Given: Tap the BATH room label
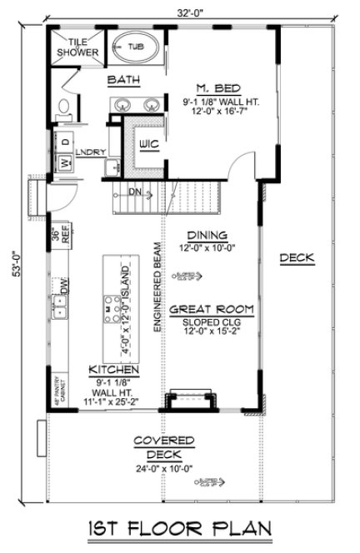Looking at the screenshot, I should click(122, 81).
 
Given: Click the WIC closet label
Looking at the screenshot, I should click(149, 144).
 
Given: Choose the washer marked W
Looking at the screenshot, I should click(62, 162).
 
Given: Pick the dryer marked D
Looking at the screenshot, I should click(63, 142).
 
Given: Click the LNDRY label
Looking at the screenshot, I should click(89, 153).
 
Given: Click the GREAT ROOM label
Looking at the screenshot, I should click(211, 308).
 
